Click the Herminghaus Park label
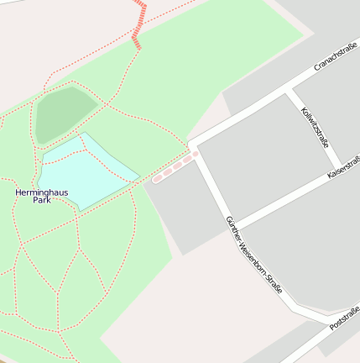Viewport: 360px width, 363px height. [41, 197]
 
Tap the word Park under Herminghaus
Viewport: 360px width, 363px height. [42, 202]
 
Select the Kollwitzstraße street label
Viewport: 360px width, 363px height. [314, 127]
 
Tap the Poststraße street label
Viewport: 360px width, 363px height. [345, 318]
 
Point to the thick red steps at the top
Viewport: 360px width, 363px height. [139, 24]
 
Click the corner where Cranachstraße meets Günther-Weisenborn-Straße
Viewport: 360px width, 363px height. [195, 146]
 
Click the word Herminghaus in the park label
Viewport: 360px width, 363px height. [41, 192]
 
